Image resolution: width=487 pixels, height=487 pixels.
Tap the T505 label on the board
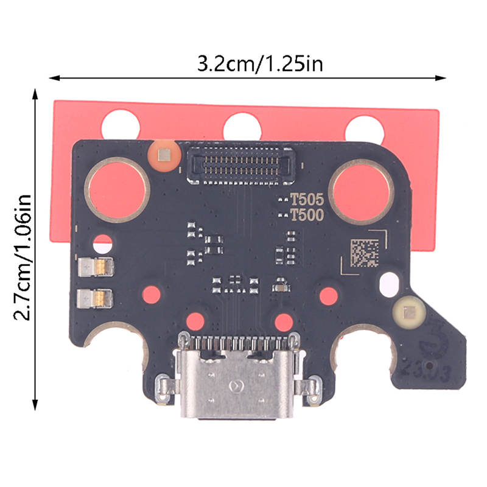tap(307, 199)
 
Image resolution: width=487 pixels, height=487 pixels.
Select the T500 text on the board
tap(307, 215)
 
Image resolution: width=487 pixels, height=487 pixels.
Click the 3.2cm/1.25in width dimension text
tap(261, 64)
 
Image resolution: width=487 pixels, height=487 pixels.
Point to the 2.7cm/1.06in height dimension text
tap(23, 258)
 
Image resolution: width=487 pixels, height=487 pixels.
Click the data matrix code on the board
tap(365, 253)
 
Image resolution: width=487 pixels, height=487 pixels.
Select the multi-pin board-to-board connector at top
tap(240, 165)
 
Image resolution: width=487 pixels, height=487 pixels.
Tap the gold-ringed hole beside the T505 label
tap(361, 192)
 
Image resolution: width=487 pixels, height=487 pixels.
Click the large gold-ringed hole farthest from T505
tap(117, 190)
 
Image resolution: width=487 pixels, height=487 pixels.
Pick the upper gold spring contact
tap(96, 267)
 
